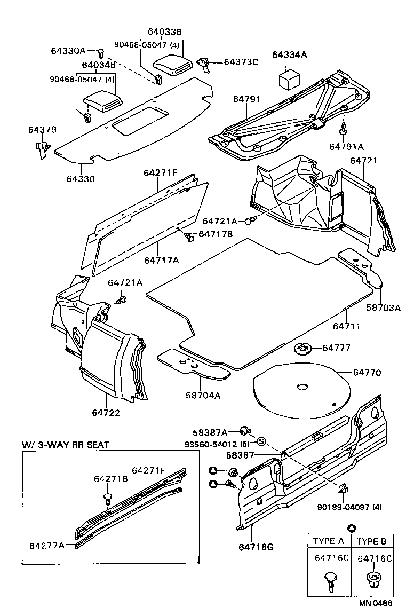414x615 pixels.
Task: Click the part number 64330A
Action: [x=68, y=51]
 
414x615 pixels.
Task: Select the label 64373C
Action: [x=241, y=62]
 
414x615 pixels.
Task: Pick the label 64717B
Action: [x=216, y=234]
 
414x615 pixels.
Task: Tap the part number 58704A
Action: [x=202, y=396]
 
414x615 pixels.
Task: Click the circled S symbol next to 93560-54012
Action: [x=261, y=441]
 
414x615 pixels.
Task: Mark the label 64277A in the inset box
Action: [x=47, y=545]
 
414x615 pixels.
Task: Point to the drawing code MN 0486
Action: [x=375, y=603]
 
